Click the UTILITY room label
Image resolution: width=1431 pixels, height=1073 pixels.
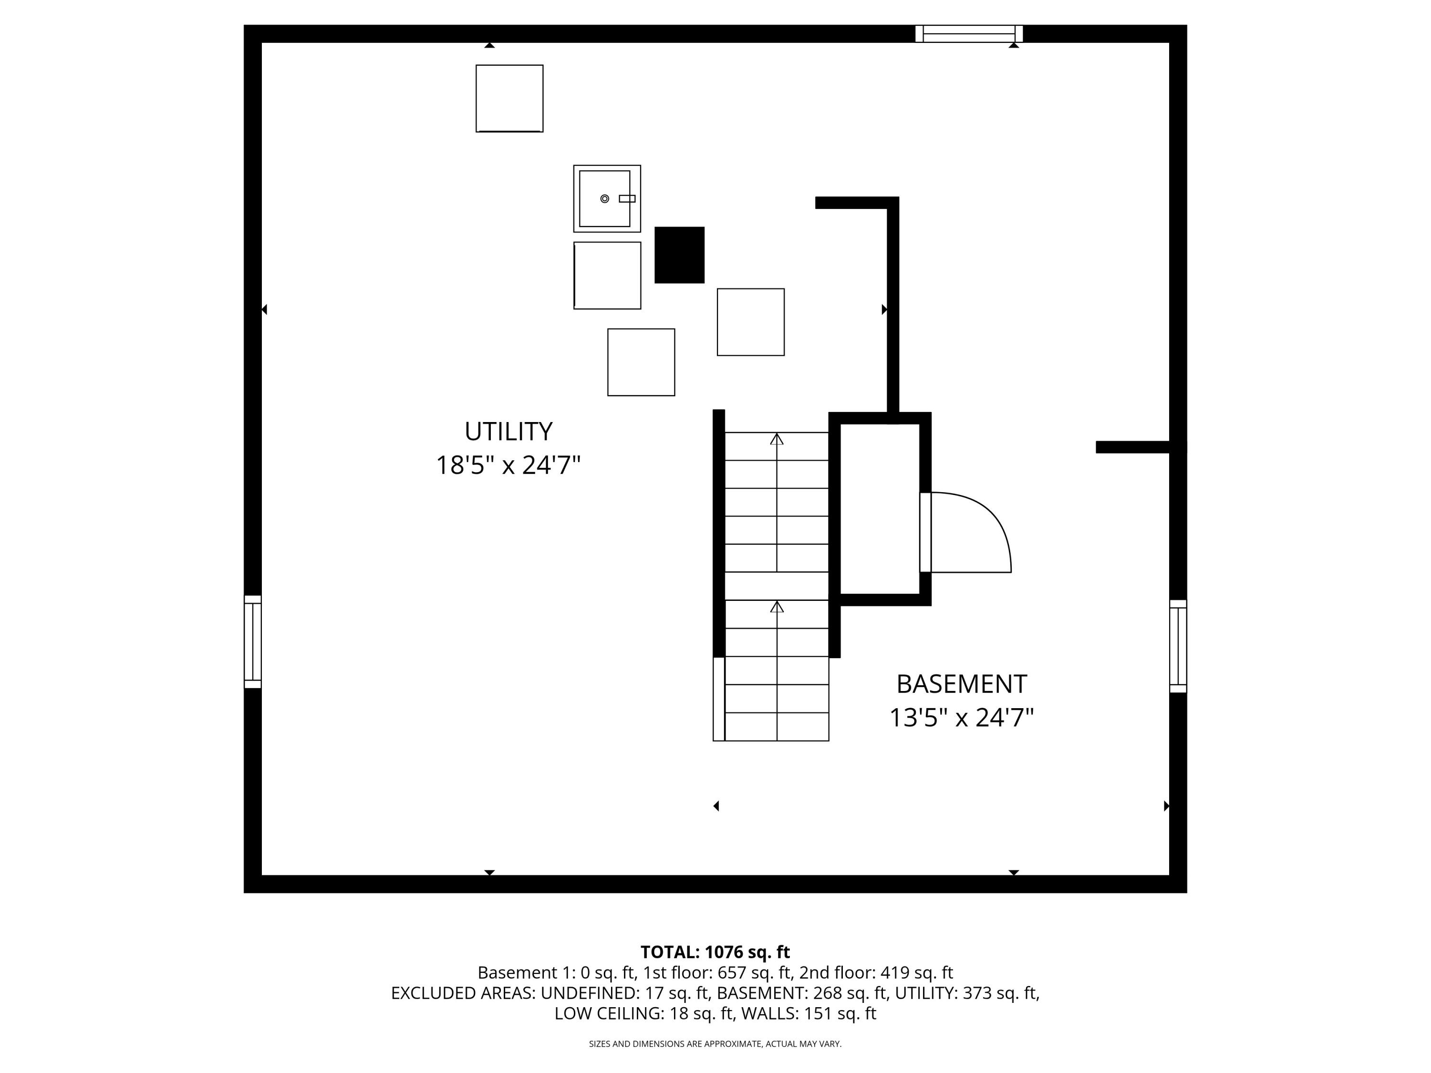tap(508, 432)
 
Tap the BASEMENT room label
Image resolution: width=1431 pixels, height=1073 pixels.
tap(961, 684)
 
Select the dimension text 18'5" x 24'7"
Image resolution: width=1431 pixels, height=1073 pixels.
tap(508, 465)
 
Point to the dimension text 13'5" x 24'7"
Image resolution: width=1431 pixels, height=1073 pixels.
tap(961, 717)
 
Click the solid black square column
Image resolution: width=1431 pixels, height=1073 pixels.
tap(679, 255)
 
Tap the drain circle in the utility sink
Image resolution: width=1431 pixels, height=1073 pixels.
tap(604, 198)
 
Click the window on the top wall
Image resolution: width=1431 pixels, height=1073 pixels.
tap(968, 34)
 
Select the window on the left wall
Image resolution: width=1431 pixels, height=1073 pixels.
tap(252, 641)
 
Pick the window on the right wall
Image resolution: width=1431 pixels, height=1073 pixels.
tap(1178, 646)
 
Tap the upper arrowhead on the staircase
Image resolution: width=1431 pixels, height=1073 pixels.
tap(776, 439)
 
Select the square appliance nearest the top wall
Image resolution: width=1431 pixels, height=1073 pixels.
tap(509, 98)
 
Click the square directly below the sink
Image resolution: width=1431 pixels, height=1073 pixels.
tap(607, 276)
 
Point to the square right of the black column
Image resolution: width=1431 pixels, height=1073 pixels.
tap(750, 322)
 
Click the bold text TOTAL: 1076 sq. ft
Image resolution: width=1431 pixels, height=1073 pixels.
tap(715, 952)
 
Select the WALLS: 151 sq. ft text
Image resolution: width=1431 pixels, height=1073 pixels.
tap(808, 1013)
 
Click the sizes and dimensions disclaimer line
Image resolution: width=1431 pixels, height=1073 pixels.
tap(715, 1044)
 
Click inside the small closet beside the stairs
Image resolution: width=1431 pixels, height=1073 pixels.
tap(879, 508)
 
